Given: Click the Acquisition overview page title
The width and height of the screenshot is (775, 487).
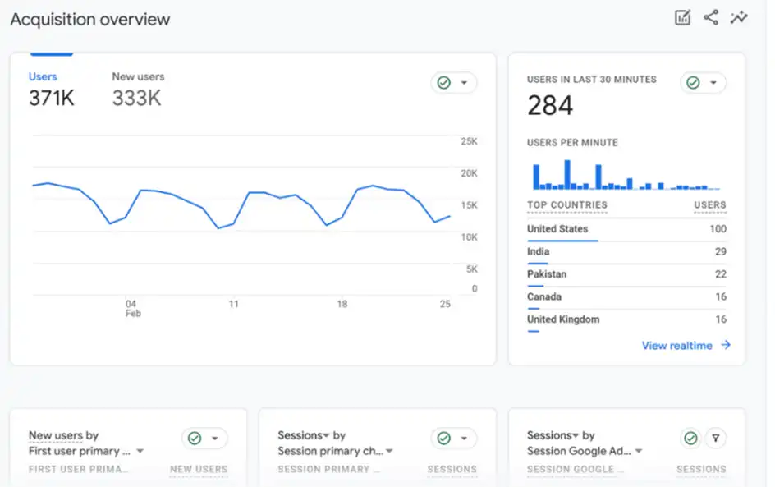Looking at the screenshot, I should pos(90,20).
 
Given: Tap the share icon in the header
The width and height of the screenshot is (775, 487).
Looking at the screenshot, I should pos(711,17).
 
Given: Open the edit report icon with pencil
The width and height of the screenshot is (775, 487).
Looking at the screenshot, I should pos(682,17).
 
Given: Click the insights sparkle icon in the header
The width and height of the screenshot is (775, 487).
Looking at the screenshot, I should pos(739,17).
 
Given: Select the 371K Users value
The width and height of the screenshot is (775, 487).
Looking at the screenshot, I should pos(51,99).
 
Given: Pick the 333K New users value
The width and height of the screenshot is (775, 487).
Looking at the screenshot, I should pos(136,99).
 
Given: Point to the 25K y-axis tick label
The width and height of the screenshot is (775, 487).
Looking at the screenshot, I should pos(469,141).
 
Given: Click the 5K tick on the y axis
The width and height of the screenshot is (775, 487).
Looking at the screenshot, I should pos(471,269).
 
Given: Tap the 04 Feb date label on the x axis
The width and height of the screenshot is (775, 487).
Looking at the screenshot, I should pos(131,308).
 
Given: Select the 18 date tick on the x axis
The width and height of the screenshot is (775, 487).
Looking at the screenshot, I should pos(342,304).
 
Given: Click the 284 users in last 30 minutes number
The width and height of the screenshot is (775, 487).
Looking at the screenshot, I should pos(550,105).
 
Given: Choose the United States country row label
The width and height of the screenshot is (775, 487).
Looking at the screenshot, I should pos(557,229).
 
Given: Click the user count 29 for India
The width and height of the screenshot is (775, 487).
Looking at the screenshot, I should pos(720,251).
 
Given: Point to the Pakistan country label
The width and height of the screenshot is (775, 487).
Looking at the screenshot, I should pos(547,274).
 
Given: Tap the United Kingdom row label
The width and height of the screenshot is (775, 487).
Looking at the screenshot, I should pos(563,319).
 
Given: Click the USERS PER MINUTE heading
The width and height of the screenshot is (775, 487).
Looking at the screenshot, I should pos(572,143).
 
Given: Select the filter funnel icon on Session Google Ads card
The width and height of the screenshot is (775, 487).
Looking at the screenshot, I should pos(715,439).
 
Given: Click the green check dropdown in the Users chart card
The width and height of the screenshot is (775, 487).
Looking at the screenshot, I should pos(453,83).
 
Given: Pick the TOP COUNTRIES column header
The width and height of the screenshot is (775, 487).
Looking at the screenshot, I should pos(567,205).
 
